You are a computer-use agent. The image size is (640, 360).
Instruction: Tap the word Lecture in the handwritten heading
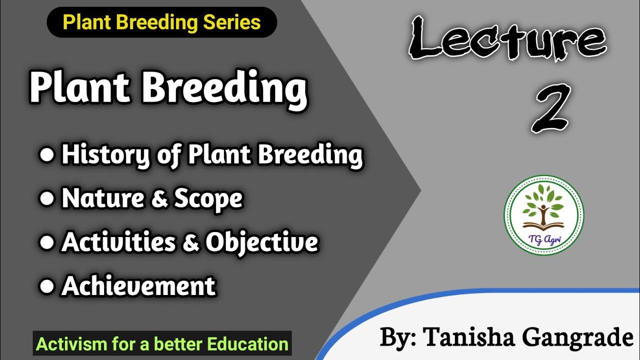pyautogui.click(x=507, y=39)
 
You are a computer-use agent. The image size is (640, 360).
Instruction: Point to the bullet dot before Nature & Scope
pyautogui.click(x=46, y=199)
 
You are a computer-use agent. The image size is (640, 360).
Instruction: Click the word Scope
pyautogui.click(x=208, y=199)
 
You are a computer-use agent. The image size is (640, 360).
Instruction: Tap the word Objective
pyautogui.click(x=262, y=243)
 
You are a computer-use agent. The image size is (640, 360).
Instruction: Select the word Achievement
pyautogui.click(x=138, y=286)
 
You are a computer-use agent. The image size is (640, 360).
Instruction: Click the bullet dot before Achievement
pyautogui.click(x=46, y=286)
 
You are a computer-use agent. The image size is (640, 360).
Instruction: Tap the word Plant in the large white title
pyautogui.click(x=80, y=88)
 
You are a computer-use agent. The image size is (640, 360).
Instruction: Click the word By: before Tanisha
pyautogui.click(x=398, y=338)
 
